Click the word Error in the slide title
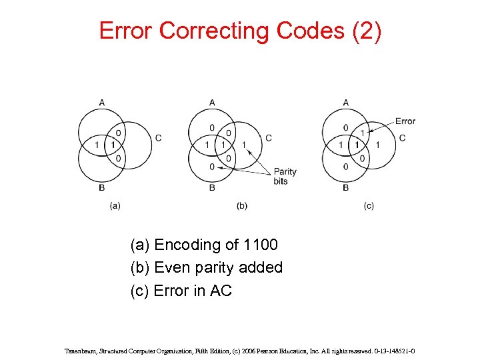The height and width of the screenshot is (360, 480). (126, 31)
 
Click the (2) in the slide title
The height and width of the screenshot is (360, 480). (366, 31)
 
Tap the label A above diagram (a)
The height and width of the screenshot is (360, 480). (101, 102)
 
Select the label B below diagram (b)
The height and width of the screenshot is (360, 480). (212, 188)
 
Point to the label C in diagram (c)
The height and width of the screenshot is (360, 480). (402, 138)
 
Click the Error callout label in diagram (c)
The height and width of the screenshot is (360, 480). (405, 121)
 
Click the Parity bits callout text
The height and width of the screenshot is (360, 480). (285, 176)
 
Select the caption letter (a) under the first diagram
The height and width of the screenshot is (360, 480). (115, 206)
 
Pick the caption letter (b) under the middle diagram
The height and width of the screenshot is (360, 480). (241, 206)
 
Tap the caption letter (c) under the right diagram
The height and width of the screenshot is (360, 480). (369, 206)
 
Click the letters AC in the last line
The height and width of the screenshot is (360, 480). (221, 291)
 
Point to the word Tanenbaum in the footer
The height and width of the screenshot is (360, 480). (81, 349)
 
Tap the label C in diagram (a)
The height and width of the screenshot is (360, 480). (158, 138)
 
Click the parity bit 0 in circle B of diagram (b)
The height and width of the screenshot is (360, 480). (212, 167)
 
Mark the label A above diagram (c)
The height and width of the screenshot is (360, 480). (345, 102)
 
